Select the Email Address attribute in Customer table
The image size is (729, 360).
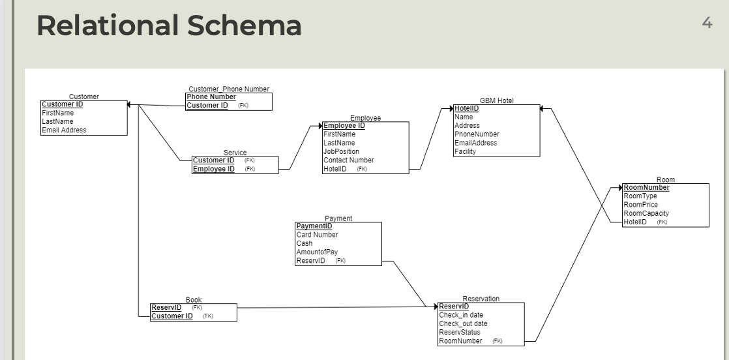64,130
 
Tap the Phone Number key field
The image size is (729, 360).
211,97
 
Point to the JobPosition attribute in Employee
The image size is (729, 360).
341,151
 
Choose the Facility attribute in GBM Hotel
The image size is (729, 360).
465,151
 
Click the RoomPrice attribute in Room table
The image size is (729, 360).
640,204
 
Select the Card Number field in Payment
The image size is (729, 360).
317,235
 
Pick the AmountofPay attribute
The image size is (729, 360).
317,252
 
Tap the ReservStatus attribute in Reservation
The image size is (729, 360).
459,332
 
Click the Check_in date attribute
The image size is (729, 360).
460,315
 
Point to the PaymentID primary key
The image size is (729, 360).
314,226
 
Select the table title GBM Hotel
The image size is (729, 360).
496,100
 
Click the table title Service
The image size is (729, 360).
235,153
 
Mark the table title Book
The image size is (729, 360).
193,300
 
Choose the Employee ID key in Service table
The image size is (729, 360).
214,169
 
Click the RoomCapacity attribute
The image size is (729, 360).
646,213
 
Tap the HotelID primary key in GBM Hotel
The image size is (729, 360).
466,108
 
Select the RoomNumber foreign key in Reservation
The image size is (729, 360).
460,340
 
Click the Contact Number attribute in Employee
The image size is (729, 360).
348,160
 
